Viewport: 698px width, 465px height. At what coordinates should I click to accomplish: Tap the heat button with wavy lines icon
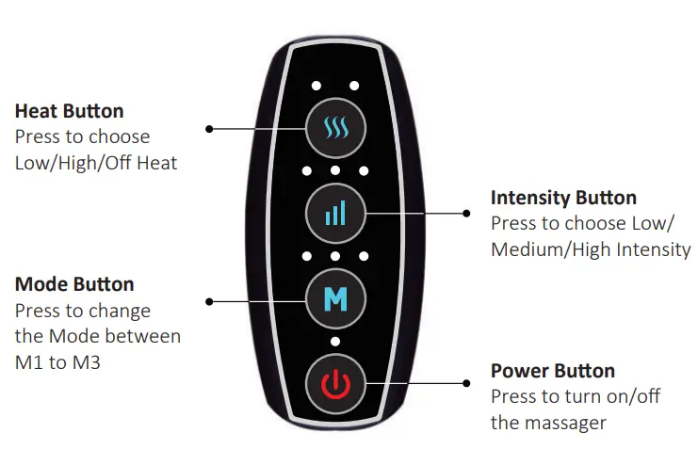(334, 126)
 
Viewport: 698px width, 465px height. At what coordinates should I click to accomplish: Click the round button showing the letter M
(334, 300)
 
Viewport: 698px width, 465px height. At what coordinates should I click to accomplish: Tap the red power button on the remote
(334, 384)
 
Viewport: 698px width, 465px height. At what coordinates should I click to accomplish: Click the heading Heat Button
(70, 112)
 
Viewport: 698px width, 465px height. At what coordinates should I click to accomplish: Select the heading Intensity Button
(563, 198)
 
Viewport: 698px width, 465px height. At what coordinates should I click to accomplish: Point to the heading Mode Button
(74, 284)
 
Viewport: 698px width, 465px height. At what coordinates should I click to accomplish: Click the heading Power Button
(553, 371)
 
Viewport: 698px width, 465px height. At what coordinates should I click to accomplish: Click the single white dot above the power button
(334, 341)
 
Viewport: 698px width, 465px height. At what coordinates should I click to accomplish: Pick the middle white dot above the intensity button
(334, 171)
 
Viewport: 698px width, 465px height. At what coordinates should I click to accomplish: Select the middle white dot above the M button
(334, 256)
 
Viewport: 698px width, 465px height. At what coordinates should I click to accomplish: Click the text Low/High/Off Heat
(96, 163)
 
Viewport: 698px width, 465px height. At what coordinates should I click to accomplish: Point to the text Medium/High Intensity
(591, 249)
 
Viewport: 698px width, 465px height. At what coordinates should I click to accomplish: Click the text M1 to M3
(57, 361)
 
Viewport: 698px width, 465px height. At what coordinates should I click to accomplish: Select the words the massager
(549, 422)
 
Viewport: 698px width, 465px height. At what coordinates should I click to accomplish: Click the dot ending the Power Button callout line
(467, 383)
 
